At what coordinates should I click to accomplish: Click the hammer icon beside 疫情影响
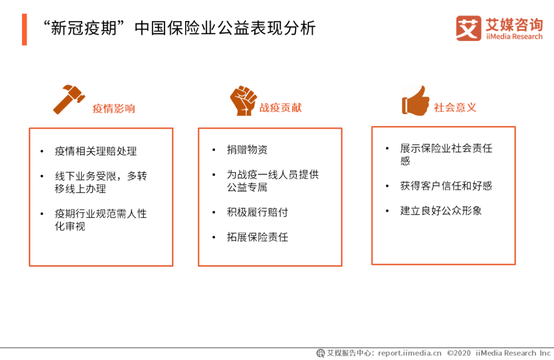[69, 99]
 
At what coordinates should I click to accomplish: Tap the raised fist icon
[244, 101]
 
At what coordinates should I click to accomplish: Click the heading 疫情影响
[114, 108]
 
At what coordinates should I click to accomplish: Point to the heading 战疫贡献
[281, 108]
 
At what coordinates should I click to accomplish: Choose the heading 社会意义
[455, 107]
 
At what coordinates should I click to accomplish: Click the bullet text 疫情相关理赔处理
[96, 151]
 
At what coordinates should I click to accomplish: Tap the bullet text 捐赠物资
[247, 150]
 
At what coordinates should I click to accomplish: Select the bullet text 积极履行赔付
[258, 212]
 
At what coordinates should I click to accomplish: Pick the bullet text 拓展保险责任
[258, 237]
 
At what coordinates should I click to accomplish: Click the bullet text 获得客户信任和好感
[446, 186]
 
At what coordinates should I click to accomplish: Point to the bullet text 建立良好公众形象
[441, 211]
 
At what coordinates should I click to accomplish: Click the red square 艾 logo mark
[468, 28]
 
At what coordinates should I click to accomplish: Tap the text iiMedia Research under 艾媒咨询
[514, 37]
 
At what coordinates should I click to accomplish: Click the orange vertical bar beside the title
[25, 30]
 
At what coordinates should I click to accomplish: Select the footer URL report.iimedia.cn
[409, 353]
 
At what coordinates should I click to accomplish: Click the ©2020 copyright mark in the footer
[459, 353]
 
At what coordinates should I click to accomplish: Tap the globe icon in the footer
[321, 353]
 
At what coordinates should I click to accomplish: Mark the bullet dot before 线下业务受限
[42, 176]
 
